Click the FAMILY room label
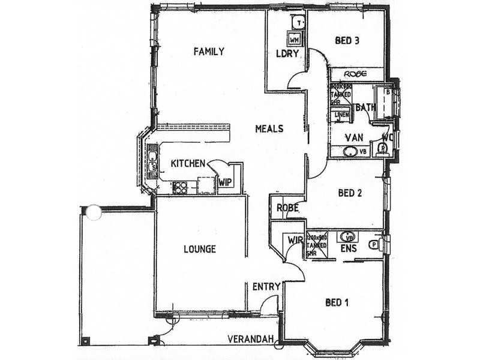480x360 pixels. point(208,52)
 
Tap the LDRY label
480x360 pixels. point(287,53)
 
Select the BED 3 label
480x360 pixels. point(347,41)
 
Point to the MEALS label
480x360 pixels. point(269,128)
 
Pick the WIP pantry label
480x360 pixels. point(226,181)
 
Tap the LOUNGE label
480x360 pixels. point(200,249)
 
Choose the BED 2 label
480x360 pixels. point(350,193)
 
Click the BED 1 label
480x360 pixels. point(337,302)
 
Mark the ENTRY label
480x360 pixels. point(266,287)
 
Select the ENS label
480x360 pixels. point(349,248)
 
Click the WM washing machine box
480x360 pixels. point(295,39)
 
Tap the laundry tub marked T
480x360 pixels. point(299,22)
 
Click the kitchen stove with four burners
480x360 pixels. point(180,187)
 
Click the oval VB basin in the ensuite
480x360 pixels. point(347,236)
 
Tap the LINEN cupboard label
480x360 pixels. point(343,115)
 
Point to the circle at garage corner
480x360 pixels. point(93,212)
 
